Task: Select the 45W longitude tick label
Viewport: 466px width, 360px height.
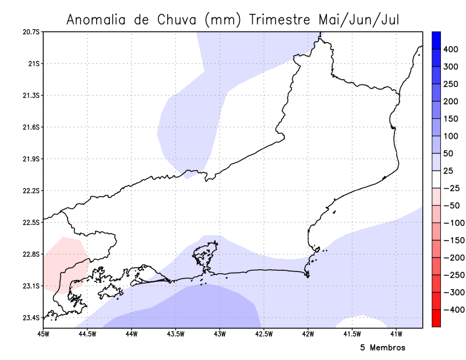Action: pyautogui.click(x=43, y=334)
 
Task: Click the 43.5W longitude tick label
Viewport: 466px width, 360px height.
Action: pyautogui.click(x=176, y=334)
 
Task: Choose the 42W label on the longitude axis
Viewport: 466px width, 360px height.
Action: pyautogui.click(x=308, y=334)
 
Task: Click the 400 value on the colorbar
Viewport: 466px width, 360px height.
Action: pyautogui.click(x=451, y=50)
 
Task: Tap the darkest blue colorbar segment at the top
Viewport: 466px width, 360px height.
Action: pyautogui.click(x=436, y=40)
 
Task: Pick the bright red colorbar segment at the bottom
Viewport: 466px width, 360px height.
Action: pyautogui.click(x=436, y=318)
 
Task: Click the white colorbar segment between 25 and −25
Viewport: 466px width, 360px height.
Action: pyautogui.click(x=436, y=179)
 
